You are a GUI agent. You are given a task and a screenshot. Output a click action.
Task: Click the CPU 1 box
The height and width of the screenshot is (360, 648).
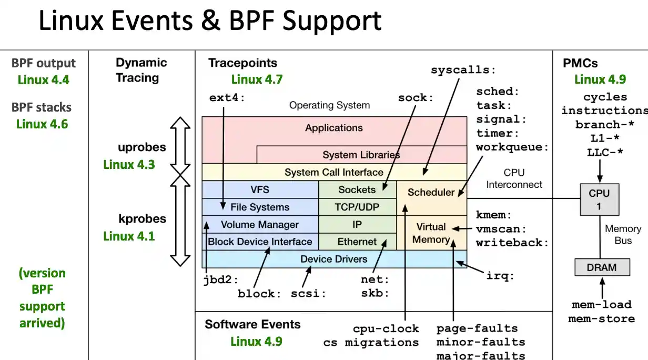pos(599,199)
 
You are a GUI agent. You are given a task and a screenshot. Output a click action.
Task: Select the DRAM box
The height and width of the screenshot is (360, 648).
pos(601,267)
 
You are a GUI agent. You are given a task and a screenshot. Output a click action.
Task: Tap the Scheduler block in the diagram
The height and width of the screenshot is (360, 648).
pos(431,192)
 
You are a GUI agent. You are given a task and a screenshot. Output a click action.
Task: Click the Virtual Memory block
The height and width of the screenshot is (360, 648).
pos(431,233)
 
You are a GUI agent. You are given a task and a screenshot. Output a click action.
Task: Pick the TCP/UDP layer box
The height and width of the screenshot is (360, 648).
pos(357,207)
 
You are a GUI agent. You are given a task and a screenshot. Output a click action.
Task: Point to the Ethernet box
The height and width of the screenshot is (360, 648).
pos(357,242)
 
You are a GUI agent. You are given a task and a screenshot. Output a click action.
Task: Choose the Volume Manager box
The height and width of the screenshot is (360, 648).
pos(260,224)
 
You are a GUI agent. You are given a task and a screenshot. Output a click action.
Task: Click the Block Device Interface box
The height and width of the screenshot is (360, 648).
pos(260,242)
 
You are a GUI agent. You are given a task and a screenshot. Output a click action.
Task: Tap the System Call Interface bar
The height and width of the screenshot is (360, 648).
pos(334,172)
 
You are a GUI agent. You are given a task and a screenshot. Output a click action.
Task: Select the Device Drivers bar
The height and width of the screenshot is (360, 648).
pos(334,259)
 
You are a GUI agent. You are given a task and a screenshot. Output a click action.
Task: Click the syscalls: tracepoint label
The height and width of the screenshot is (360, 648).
pos(463,70)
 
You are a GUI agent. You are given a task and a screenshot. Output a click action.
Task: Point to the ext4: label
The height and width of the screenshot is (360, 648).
pos(227,97)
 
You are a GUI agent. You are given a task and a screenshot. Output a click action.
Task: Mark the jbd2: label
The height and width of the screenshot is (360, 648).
pos(221,279)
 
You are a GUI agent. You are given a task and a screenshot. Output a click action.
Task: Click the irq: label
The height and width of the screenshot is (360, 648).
pos(500,275)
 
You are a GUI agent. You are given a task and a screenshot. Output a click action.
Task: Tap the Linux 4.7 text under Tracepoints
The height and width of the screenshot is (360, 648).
pos(257,79)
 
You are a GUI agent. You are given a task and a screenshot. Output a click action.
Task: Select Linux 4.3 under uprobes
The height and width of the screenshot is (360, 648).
pos(129,164)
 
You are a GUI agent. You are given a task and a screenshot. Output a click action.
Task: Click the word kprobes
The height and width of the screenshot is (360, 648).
pos(142,218)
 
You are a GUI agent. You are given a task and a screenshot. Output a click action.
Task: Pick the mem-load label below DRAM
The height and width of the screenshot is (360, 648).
pos(602,305)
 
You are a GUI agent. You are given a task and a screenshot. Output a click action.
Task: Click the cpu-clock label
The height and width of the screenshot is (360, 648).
pos(386,328)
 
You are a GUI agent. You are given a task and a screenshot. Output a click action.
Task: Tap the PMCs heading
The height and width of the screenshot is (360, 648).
pos(580,63)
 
